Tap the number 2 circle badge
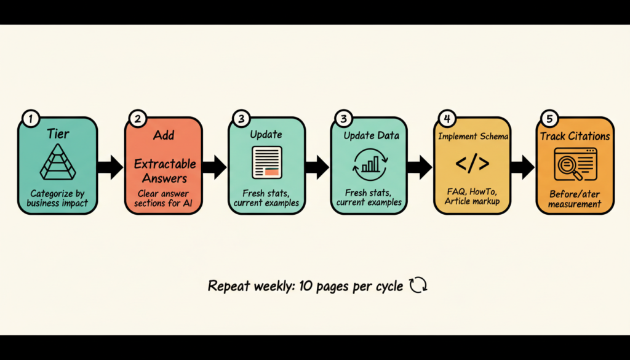(x=137, y=118)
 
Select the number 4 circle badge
(x=447, y=118)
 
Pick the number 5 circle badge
(x=549, y=118)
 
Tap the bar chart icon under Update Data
(x=369, y=164)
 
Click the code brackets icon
(x=472, y=164)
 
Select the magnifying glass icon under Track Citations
(x=575, y=165)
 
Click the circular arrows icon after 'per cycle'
(x=418, y=286)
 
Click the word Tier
(x=57, y=134)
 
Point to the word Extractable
(x=165, y=164)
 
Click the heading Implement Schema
(x=473, y=136)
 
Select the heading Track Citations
(x=575, y=136)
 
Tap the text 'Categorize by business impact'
(x=57, y=198)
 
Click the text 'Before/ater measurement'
(x=575, y=199)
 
